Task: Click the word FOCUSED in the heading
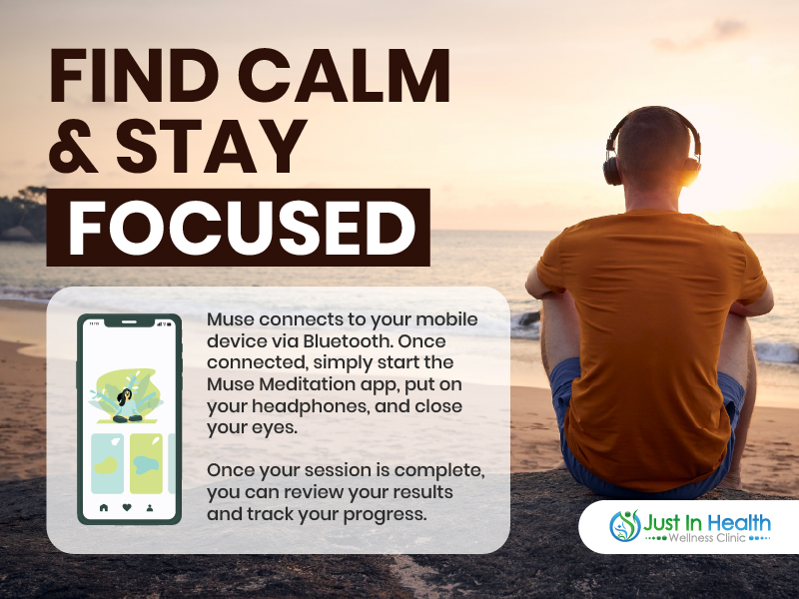[x=242, y=228]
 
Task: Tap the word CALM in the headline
[x=345, y=76]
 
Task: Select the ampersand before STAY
[x=73, y=147]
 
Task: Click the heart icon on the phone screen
[x=127, y=507]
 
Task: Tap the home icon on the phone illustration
[x=104, y=507]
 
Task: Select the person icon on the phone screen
[x=150, y=507]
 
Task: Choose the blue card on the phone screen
[x=108, y=463]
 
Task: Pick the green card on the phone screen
[x=146, y=463]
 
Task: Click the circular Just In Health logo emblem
[x=625, y=525]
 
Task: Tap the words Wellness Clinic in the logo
[x=707, y=537]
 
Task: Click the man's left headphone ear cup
[x=612, y=171]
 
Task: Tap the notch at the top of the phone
[x=130, y=321]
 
